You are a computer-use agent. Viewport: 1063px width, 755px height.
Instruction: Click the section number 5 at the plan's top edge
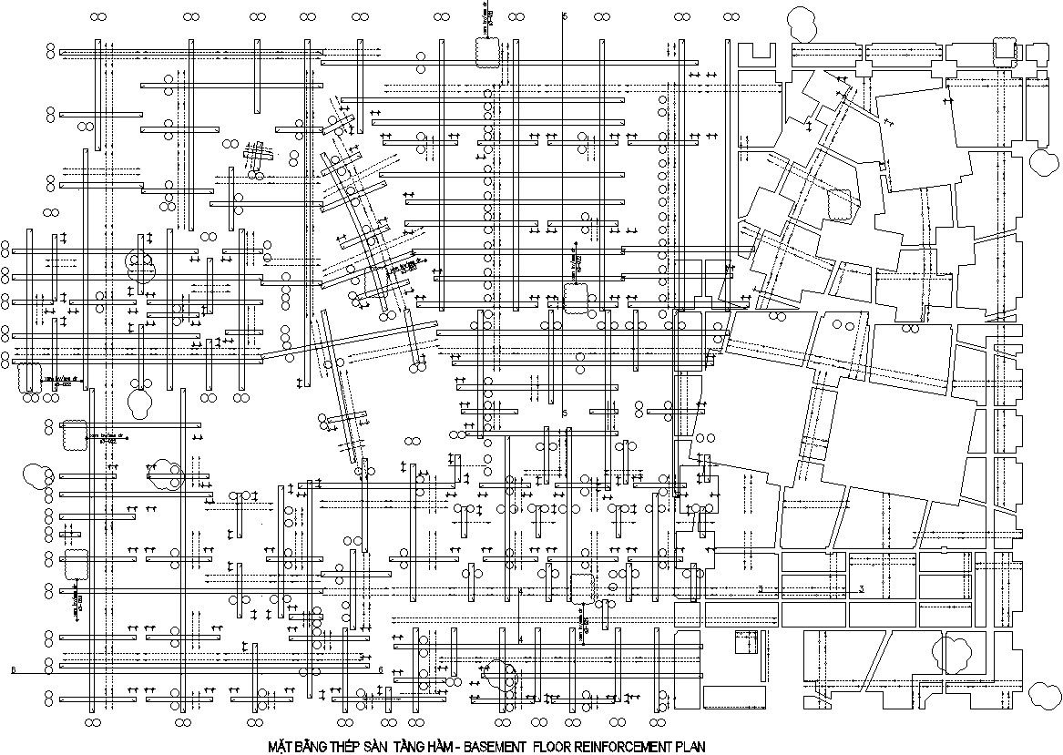tap(564, 17)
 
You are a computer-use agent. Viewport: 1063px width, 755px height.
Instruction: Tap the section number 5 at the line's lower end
tap(565, 413)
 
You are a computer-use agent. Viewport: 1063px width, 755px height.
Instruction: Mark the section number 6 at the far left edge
tap(13, 670)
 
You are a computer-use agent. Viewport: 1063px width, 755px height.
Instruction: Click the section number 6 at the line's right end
tap(380, 670)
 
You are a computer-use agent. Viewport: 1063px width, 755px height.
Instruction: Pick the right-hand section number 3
tap(861, 589)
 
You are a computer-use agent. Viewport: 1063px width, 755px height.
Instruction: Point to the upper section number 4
tap(520, 592)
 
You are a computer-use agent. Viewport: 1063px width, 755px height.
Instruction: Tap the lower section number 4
tap(520, 639)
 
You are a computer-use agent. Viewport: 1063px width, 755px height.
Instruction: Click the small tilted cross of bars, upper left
tap(258, 157)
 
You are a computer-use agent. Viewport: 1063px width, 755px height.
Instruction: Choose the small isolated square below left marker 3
tap(746, 643)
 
